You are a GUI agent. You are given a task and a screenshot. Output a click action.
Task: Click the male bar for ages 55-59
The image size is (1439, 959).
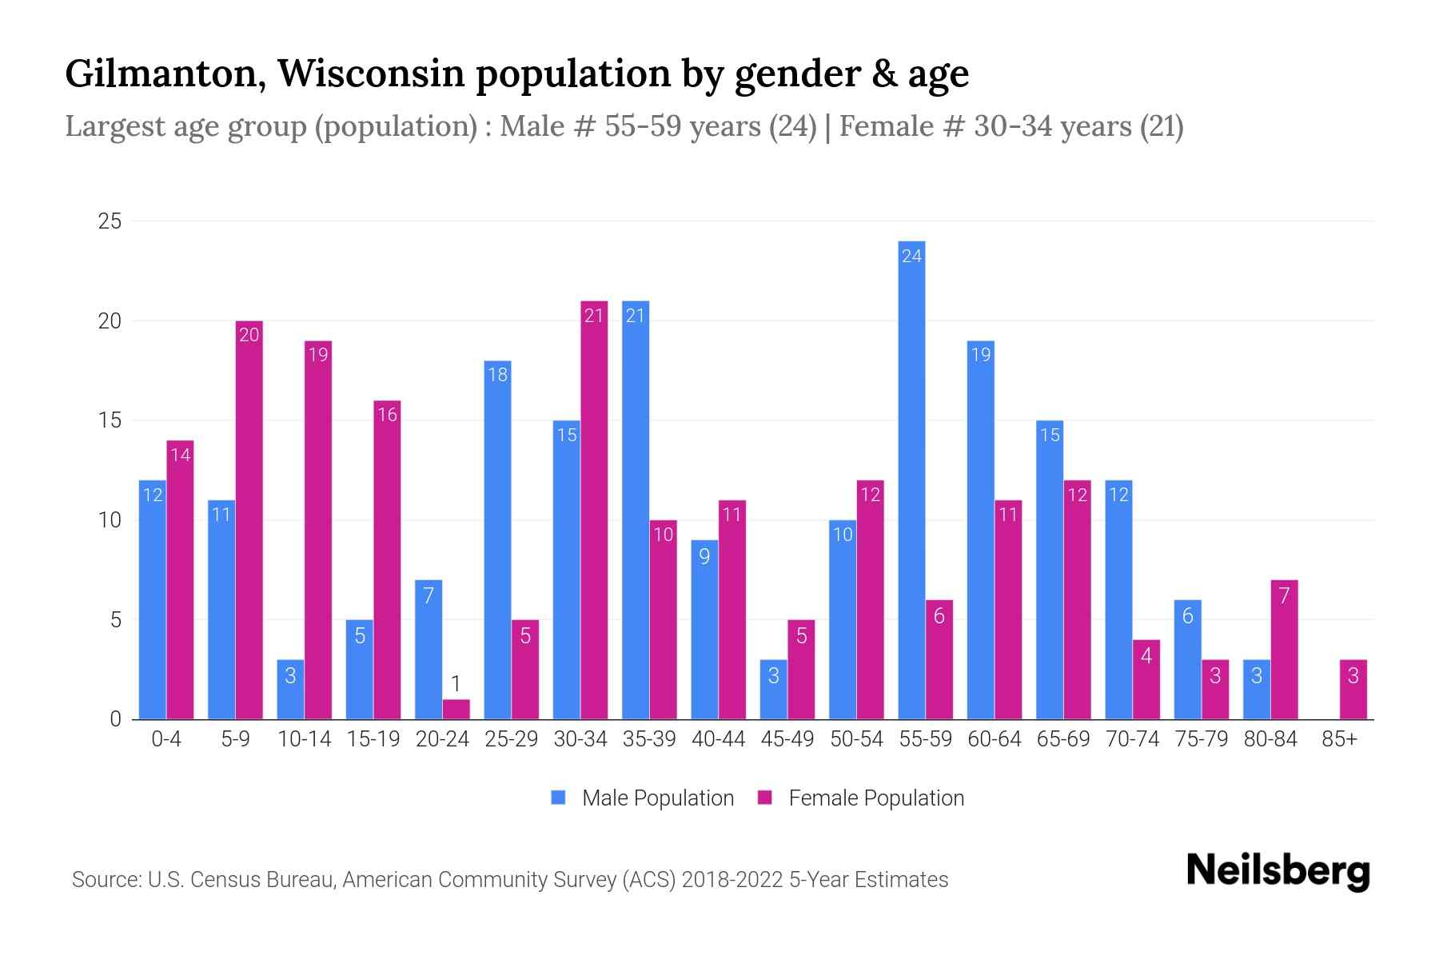tap(911, 479)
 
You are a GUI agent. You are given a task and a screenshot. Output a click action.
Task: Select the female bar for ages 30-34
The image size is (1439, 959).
tap(594, 511)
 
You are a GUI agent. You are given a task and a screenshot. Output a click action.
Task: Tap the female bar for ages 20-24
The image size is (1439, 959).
tap(456, 710)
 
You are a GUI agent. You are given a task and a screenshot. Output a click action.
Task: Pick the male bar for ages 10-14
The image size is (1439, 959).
tap(290, 690)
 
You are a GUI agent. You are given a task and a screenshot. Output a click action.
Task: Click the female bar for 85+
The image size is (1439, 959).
tap(1353, 690)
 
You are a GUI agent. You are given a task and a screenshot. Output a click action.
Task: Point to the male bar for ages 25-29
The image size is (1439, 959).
tap(497, 539)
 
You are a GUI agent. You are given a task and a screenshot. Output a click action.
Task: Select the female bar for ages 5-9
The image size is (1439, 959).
tap(249, 519)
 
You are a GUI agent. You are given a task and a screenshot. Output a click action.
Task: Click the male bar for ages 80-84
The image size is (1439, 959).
tap(1256, 690)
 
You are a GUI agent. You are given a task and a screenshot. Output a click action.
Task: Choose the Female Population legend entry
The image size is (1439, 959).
tap(861, 798)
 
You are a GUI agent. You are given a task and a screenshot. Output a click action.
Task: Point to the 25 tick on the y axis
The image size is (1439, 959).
tap(110, 221)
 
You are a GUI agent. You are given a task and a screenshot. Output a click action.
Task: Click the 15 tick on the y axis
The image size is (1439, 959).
tap(110, 420)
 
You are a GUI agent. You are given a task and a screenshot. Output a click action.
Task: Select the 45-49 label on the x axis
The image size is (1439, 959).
tap(787, 739)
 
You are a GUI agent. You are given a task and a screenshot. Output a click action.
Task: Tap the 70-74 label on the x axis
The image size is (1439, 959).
tap(1132, 739)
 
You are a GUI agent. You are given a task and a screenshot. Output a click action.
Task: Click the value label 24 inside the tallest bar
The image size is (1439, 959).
tap(911, 257)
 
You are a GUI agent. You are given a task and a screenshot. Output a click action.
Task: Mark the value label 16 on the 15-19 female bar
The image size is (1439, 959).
tap(387, 416)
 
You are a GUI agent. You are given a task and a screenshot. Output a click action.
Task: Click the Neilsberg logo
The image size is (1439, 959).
tap(1278, 871)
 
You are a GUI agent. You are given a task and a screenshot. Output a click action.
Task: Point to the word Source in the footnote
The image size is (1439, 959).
tap(105, 880)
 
